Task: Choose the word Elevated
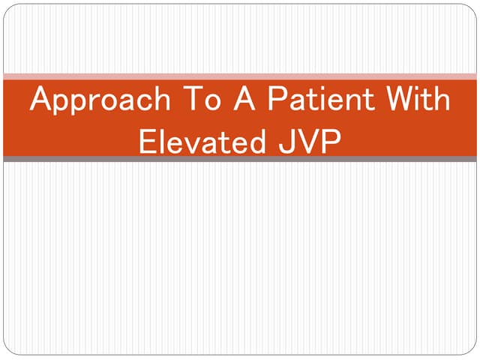pos(196,140)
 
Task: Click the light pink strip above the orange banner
pos(240,76)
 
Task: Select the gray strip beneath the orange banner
pos(240,159)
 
